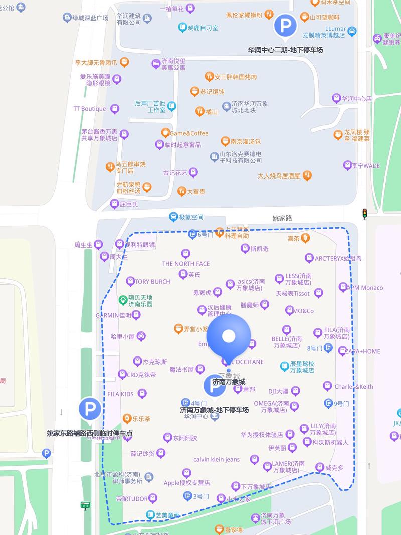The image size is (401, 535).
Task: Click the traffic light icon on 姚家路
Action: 365,214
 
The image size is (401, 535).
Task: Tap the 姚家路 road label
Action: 282,218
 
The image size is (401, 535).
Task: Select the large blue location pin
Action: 229,336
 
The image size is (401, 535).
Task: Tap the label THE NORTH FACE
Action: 186,264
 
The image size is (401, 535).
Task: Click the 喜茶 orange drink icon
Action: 305,239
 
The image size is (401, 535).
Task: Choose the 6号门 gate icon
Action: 192,234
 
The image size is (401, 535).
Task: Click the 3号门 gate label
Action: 201,496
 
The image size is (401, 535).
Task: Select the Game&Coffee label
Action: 188,133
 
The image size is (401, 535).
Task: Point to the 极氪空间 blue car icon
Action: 173,217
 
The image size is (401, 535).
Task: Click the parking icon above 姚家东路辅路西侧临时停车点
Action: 90,409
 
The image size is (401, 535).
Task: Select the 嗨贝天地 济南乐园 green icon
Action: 122,301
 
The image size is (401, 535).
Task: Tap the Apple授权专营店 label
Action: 186,483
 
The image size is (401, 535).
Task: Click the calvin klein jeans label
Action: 217,459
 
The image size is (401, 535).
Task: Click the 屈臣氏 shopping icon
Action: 114,204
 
